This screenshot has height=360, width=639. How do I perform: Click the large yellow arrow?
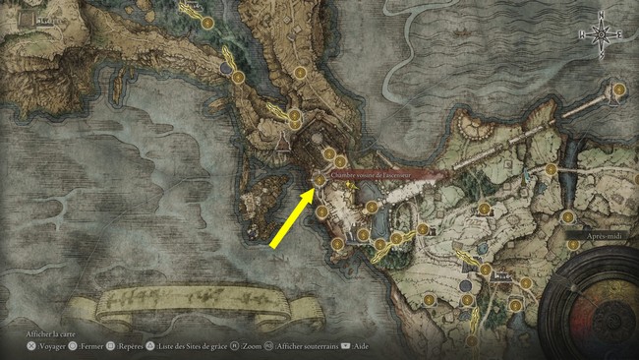[x=290, y=218]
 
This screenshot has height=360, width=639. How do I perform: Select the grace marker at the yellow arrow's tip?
[x=319, y=180]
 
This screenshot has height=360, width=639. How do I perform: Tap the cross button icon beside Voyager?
[x=32, y=346]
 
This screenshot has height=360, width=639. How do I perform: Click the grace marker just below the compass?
[x=619, y=90]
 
